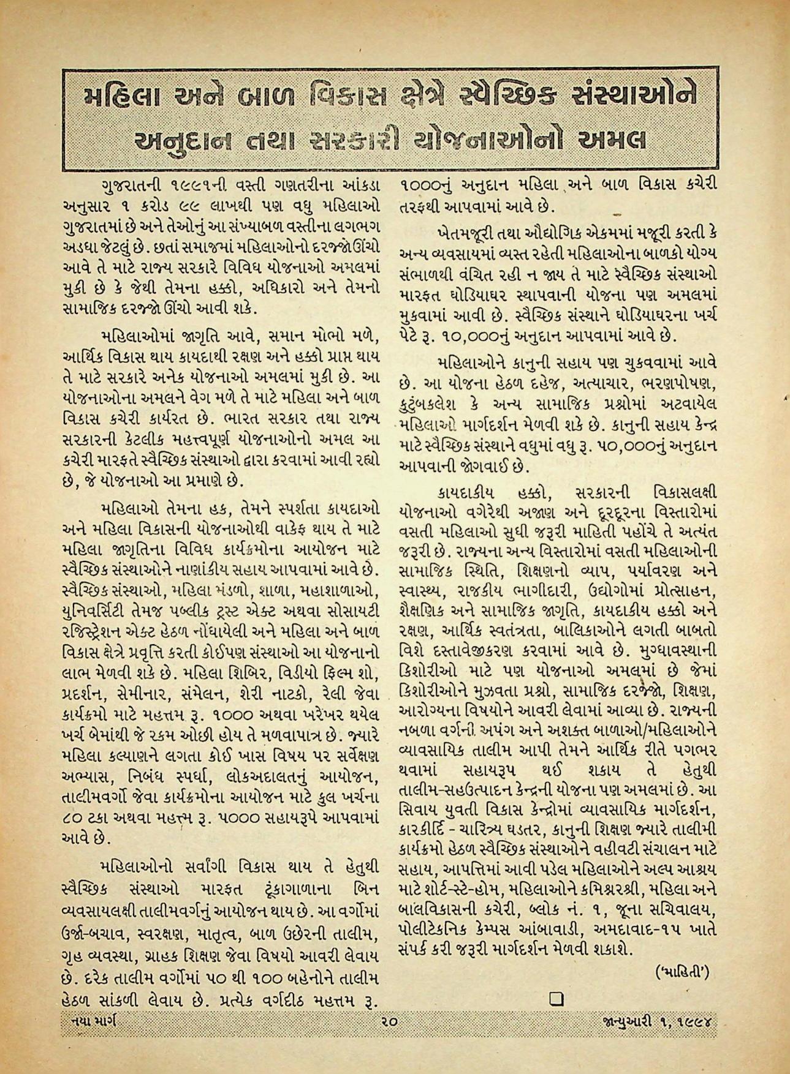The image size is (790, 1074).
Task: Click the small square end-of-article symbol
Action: click(x=556, y=1000)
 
